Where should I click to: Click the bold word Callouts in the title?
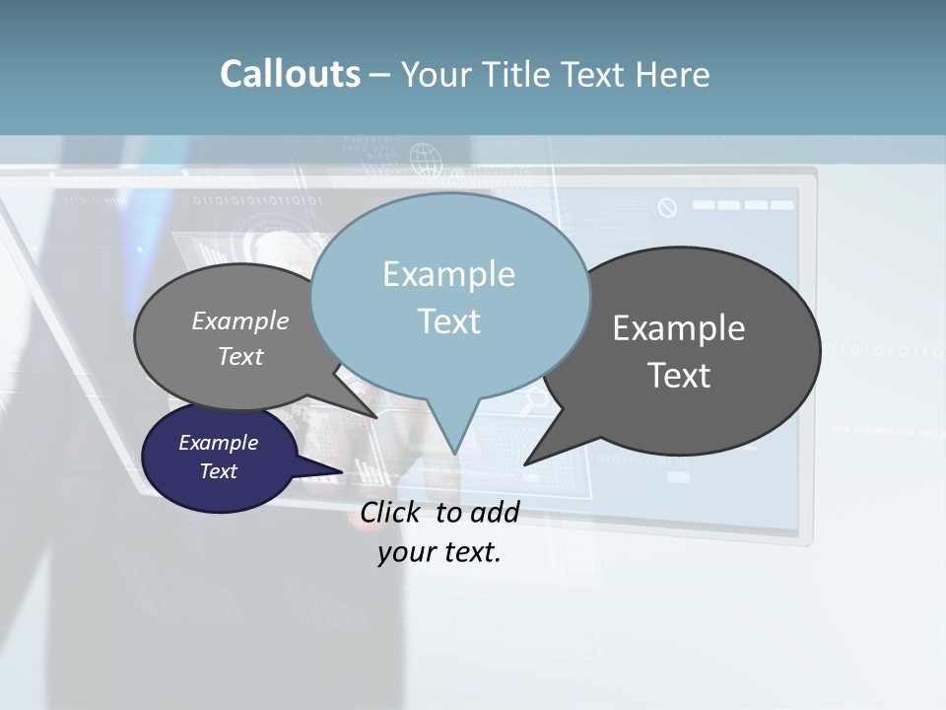point(290,74)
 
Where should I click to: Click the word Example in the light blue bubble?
point(448,274)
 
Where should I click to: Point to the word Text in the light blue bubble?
point(448,320)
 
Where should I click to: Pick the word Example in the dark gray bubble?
point(679,328)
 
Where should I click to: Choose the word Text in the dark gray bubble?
point(679,375)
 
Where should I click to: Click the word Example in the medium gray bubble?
point(240,320)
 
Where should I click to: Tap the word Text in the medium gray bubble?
point(240,356)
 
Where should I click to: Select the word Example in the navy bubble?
point(219,443)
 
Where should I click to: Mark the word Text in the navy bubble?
point(219,471)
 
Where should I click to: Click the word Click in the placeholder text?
point(391,512)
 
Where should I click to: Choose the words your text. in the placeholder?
point(439,552)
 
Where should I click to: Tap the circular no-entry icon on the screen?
point(667,207)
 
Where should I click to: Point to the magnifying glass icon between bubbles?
point(535,399)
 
